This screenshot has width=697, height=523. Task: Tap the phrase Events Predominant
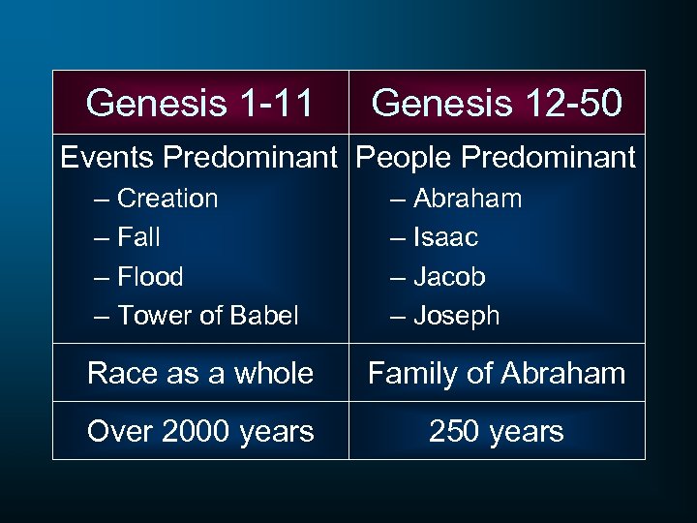point(203,157)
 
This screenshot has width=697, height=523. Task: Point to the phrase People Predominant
point(497,157)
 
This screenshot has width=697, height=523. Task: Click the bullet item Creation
point(167,199)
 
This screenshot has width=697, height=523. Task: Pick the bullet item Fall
point(138,237)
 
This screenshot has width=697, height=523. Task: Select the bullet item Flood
point(149,276)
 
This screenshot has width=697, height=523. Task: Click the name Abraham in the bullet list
point(468,199)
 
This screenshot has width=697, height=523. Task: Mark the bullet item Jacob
point(450,276)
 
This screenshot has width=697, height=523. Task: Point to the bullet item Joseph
point(457,315)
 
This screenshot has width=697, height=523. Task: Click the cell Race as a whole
point(199,373)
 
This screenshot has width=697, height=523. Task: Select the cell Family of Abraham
point(497,373)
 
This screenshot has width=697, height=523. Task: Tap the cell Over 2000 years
point(199,431)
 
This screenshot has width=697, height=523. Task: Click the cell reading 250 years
point(497,431)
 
